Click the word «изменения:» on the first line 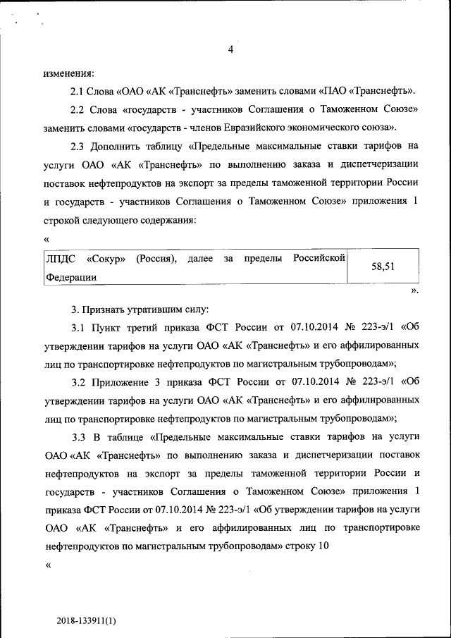click(68, 73)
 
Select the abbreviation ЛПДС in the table click(60, 258)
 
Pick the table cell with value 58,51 click(383, 266)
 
